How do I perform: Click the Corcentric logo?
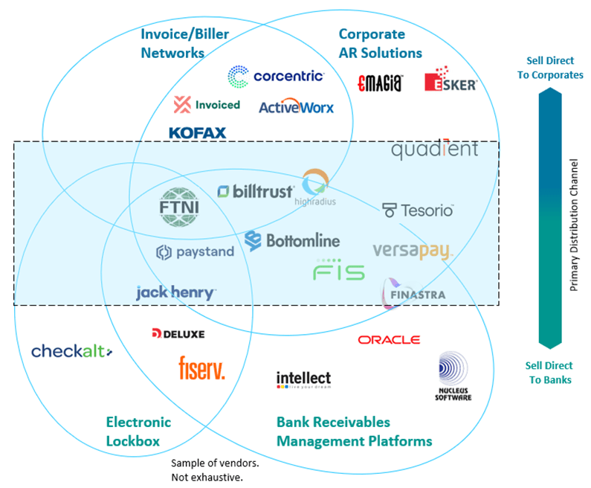(x=275, y=76)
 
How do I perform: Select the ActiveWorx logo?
(x=296, y=107)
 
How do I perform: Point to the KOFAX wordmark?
(x=197, y=133)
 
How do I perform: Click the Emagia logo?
(x=380, y=83)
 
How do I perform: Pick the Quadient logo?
(x=435, y=150)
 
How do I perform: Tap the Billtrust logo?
(x=256, y=192)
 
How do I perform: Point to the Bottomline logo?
(x=292, y=240)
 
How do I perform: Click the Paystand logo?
(x=195, y=252)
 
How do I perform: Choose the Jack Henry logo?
(x=176, y=292)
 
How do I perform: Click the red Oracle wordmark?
(x=389, y=340)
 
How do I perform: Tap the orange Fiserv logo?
(x=201, y=367)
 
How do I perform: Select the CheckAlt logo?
(x=71, y=351)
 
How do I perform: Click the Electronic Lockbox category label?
(x=138, y=431)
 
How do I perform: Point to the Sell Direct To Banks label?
(x=549, y=373)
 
